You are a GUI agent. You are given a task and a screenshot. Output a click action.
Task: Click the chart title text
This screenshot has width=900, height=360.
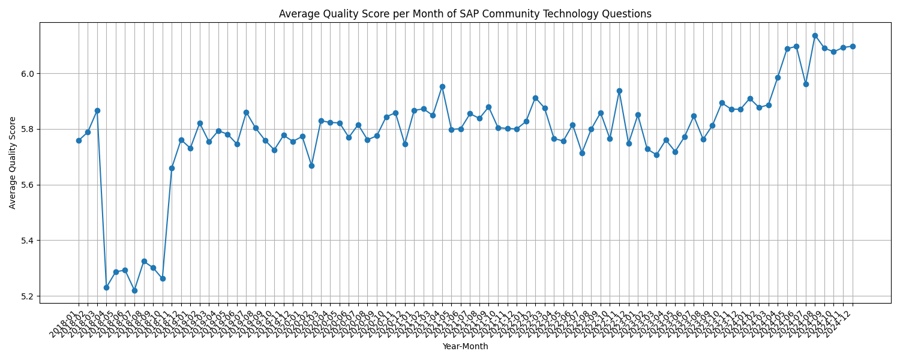[x=465, y=14]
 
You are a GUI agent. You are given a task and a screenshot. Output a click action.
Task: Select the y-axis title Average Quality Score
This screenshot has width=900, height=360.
[x=13, y=163]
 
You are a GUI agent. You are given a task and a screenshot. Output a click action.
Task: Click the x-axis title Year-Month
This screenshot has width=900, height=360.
[x=465, y=346]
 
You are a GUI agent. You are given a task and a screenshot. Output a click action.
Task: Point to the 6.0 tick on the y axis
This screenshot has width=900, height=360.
[x=28, y=74]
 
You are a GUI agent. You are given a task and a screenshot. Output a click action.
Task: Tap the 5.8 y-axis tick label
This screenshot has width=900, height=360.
[x=28, y=130]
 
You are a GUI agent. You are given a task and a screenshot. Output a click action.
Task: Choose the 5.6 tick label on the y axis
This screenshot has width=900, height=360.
[x=28, y=185]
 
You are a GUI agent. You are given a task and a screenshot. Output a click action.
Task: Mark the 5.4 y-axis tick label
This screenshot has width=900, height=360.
[x=28, y=241]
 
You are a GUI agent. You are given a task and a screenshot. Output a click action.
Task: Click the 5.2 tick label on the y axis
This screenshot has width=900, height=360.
[x=28, y=296]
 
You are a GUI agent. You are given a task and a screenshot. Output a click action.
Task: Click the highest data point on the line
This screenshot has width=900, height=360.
[x=815, y=35]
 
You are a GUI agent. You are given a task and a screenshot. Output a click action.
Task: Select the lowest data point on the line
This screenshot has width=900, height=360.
[x=134, y=290]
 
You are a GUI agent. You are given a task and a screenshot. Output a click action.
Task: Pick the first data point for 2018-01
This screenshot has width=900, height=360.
[x=79, y=140]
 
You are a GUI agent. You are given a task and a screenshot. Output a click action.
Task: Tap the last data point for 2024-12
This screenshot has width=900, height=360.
[x=853, y=46]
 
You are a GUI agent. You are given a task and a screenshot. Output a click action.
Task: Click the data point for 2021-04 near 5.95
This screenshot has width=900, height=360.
[x=442, y=86]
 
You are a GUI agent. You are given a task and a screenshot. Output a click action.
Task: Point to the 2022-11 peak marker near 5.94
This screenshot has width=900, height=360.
[x=619, y=91]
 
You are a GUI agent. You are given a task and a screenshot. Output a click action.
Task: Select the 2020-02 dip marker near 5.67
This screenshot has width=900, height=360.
[x=311, y=166]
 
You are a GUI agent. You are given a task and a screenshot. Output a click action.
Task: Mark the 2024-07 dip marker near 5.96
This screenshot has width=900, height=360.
[x=806, y=84]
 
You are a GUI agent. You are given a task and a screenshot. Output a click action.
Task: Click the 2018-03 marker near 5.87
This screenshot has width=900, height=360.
[x=97, y=110]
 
